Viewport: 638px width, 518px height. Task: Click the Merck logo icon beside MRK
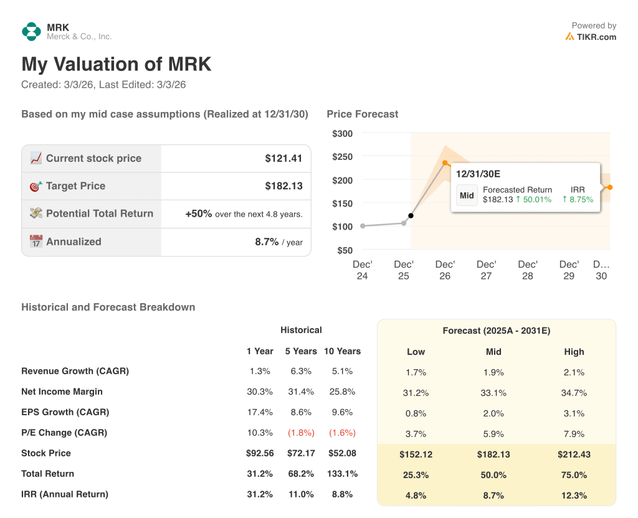coord(31,32)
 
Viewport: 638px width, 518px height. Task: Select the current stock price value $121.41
coord(283,159)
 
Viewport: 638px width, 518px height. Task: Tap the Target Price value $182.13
coord(283,186)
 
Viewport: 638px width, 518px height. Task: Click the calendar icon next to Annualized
coord(36,242)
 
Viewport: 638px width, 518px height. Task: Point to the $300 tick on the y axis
coord(342,133)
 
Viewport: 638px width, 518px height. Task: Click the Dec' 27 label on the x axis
coord(486,270)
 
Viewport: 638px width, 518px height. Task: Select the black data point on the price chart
coord(411,215)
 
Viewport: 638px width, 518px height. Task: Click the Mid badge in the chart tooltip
coord(467,195)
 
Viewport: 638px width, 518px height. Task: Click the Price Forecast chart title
coord(362,114)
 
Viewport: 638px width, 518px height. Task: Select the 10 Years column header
coord(342,351)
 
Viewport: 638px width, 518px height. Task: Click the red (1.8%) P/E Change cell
coord(301,433)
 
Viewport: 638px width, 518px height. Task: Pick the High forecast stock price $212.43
coord(574,454)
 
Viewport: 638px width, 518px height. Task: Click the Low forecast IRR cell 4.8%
coord(416,495)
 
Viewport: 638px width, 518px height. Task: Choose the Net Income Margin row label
coord(62,392)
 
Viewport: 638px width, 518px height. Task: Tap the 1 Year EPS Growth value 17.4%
coord(259,412)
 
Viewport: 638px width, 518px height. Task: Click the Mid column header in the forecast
coord(493,352)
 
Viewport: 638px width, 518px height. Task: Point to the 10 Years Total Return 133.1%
coord(342,474)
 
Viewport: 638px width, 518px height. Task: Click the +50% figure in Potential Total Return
coord(199,214)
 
